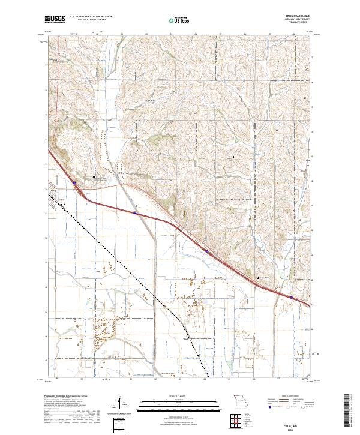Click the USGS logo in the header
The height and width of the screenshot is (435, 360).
55,20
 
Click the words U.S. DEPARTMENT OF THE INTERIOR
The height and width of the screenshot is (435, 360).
91,17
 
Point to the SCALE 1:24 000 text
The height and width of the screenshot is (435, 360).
172,395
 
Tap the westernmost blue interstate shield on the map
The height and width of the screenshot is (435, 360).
74,184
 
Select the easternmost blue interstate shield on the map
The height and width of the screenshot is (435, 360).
290,296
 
